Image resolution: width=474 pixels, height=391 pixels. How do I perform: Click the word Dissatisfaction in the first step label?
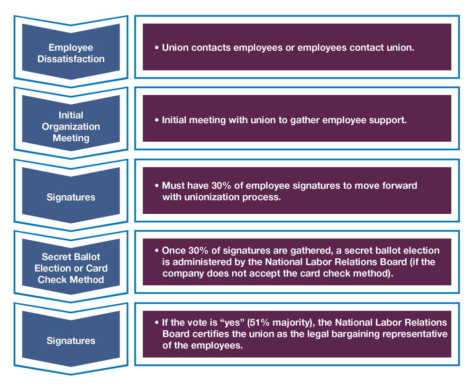[x=71, y=59]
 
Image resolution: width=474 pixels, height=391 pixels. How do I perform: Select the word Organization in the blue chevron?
[x=71, y=127]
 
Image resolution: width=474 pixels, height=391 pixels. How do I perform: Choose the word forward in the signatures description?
[x=399, y=185]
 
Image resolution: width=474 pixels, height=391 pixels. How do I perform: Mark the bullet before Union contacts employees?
[x=157, y=48]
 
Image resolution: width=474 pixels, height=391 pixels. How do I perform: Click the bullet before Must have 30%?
[x=157, y=186]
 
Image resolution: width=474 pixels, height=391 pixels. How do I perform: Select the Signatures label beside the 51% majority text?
[x=71, y=341]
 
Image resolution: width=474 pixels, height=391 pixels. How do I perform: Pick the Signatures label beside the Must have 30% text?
[x=71, y=197]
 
